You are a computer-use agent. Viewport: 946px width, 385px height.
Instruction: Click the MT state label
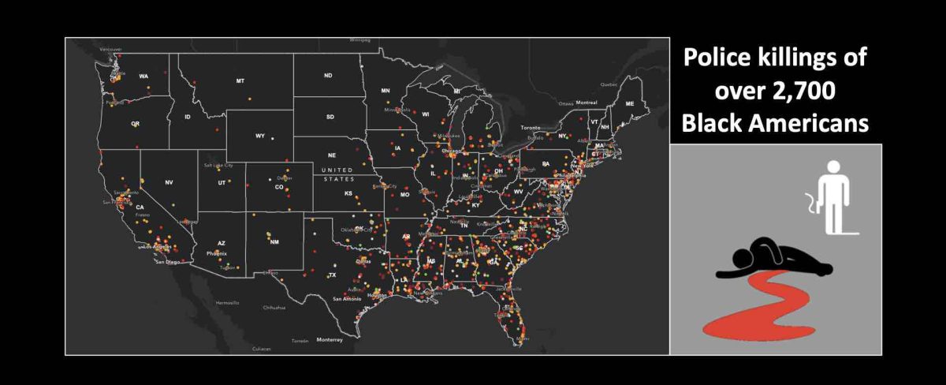pos(240,81)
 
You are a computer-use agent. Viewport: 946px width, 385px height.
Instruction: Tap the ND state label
pos(328,76)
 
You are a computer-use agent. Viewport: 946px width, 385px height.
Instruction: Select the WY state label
pos(260,136)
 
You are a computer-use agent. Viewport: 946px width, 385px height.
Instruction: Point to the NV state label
pos(169,182)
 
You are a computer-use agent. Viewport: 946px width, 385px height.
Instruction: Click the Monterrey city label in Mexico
pos(330,340)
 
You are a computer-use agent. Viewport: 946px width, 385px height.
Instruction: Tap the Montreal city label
pos(587,103)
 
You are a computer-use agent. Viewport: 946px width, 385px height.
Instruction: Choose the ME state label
pos(629,104)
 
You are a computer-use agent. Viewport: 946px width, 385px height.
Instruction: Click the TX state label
pos(332,275)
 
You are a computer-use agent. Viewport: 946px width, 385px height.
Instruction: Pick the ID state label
pos(188,118)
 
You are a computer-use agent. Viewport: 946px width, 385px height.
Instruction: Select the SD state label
pos(330,118)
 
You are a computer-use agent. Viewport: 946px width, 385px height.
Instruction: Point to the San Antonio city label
pos(347,299)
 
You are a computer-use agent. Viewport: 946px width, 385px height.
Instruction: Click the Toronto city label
pos(533,127)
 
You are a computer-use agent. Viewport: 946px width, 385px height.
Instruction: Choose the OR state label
pos(136,124)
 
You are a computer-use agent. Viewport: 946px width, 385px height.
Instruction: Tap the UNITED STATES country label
pos(338,175)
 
